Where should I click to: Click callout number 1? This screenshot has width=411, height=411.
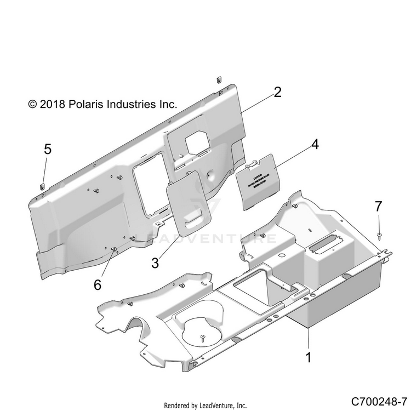308,358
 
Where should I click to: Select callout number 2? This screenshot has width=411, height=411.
277,92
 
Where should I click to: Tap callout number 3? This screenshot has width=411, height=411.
155,262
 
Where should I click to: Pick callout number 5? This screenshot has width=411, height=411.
48,149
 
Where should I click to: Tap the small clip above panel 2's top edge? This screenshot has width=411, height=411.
218,78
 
